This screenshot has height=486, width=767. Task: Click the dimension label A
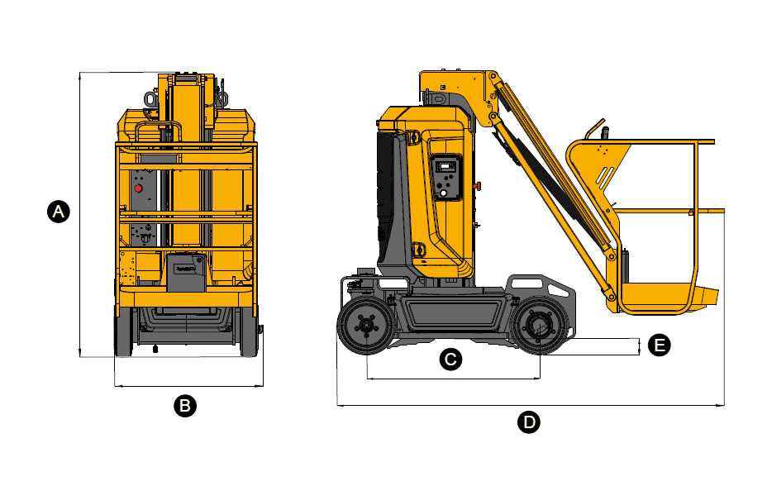pos(58,212)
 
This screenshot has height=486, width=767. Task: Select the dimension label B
pos(185,406)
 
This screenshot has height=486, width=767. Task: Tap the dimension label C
pos(450,360)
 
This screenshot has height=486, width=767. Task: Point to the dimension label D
pos(529,422)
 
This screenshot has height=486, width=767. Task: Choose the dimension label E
pos(659,345)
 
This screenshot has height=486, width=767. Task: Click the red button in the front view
pos(138,188)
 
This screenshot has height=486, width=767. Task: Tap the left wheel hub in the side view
pos(365,326)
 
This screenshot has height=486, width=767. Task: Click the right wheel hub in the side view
pos(539,326)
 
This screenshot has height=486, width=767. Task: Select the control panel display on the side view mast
pos(445,167)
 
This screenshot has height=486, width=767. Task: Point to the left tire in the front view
pos(123,331)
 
